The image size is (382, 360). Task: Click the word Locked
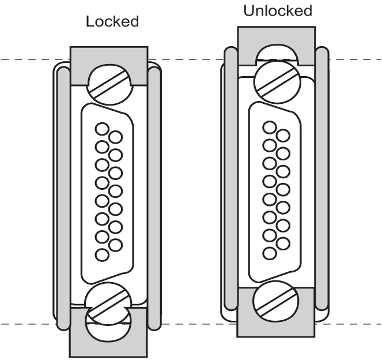click(x=112, y=22)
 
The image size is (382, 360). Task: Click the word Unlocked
click(x=277, y=10)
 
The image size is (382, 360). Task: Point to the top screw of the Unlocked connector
click(x=275, y=81)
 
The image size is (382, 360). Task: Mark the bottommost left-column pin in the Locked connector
click(x=101, y=254)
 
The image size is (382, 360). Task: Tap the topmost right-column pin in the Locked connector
click(x=116, y=137)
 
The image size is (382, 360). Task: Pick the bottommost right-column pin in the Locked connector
click(x=115, y=245)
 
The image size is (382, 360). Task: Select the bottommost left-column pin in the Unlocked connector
click(x=268, y=253)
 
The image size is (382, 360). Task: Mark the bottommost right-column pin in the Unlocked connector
click(x=282, y=243)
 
